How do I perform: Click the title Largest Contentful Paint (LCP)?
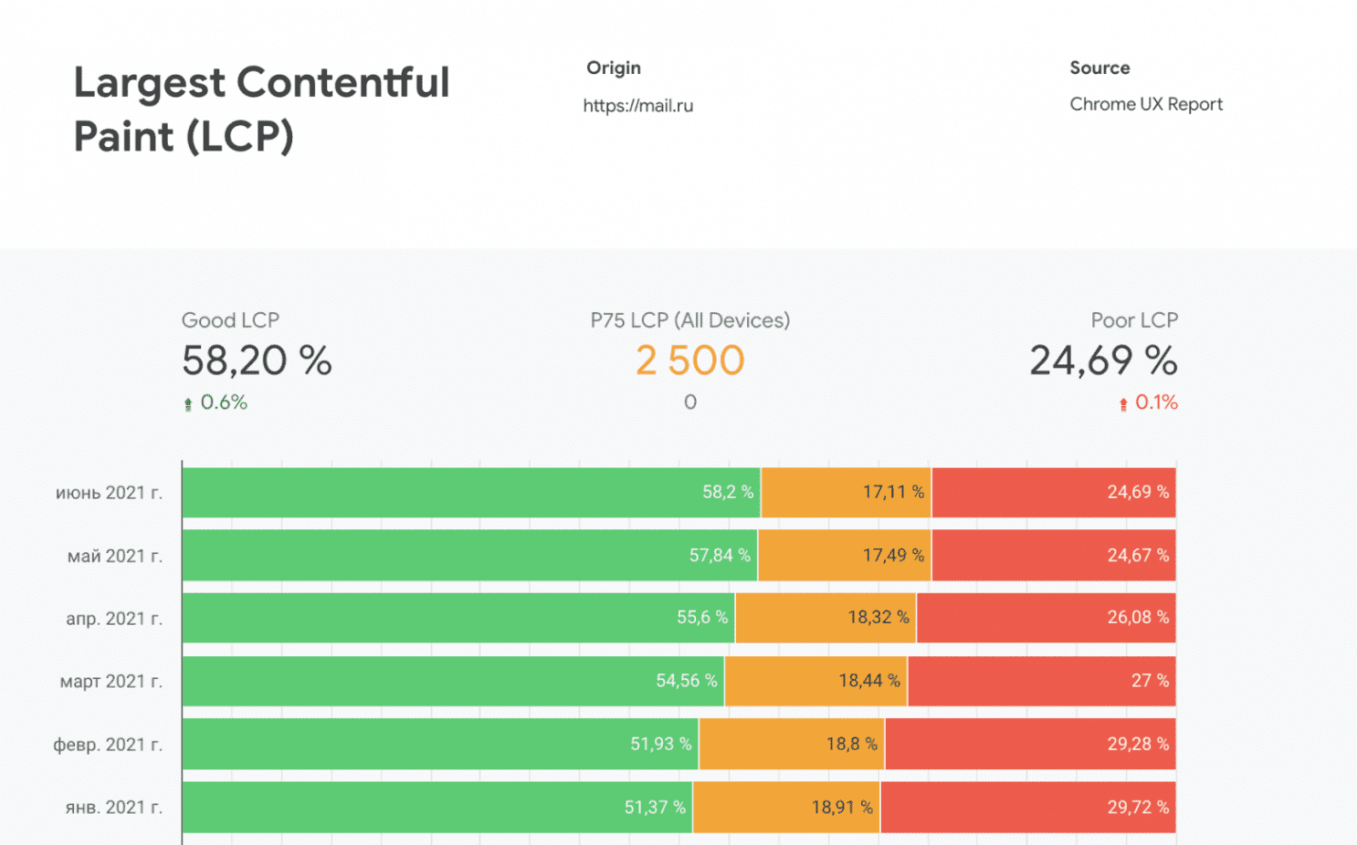pos(261,110)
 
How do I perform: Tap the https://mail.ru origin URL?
pos(637,106)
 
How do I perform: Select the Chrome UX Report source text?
pos(1145,104)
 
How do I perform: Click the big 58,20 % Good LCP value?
pos(257,360)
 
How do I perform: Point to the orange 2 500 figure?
pos(689,360)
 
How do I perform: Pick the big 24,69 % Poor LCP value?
pos(1103,360)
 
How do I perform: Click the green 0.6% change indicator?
pos(216,402)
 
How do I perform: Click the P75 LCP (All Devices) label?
pos(689,320)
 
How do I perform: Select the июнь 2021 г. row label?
pos(109,493)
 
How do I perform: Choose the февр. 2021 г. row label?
pos(108,745)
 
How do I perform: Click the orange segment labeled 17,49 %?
pos(845,555)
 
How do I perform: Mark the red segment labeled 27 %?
pos(1041,681)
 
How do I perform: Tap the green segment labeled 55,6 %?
pos(458,618)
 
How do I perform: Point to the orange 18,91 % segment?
pos(786,807)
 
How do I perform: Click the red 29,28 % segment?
pos(1030,744)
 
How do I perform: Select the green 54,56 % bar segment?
pos(453,681)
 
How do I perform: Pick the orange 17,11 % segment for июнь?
pos(846,492)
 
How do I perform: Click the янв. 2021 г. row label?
pos(113,808)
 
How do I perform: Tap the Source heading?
pos(1099,68)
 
